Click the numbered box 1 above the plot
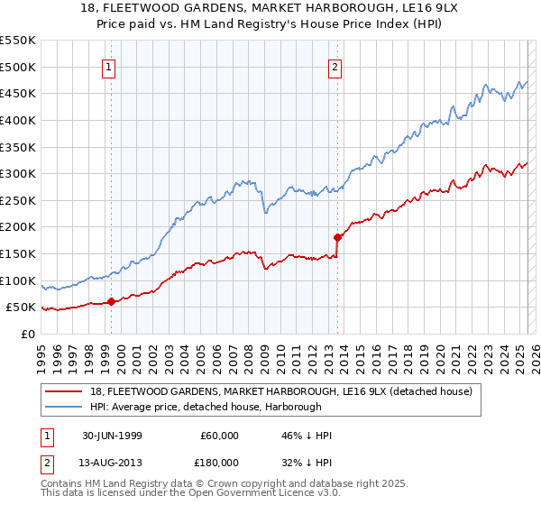click(109, 66)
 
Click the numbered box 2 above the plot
click(335, 66)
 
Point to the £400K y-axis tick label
click(17, 120)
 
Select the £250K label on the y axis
click(17, 200)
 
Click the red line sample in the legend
click(62, 390)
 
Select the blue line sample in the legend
click(62, 407)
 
